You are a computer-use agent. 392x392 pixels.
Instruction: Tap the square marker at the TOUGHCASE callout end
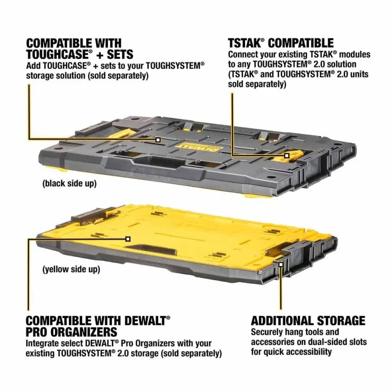[x=158, y=140]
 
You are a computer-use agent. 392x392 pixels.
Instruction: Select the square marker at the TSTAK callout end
[x=287, y=156]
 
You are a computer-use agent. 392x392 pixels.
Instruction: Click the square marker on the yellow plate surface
[x=128, y=239]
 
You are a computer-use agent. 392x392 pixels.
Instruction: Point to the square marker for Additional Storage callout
[x=281, y=264]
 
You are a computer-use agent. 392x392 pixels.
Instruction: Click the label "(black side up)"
[x=70, y=184]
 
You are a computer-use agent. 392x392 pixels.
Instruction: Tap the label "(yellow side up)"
[x=71, y=269]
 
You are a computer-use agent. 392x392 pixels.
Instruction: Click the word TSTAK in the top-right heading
[x=245, y=43]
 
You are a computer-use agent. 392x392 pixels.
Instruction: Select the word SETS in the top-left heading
[x=120, y=54]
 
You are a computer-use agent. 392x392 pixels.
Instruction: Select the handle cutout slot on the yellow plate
[x=150, y=249]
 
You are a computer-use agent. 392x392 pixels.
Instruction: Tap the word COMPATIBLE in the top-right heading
[x=301, y=43]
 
